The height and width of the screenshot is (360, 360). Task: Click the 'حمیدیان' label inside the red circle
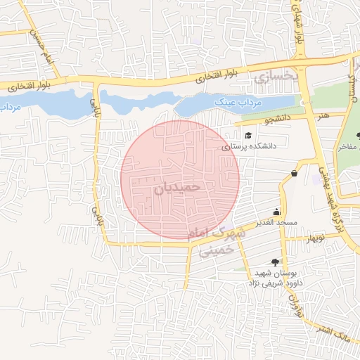(178, 188)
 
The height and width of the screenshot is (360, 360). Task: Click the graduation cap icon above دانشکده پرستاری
(247, 136)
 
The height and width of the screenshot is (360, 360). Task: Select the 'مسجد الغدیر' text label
(278, 223)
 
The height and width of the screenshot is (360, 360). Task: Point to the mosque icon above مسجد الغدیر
(276, 212)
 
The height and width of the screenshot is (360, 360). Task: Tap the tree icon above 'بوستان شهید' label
(264, 262)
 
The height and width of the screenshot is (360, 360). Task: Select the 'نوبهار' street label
(313, 237)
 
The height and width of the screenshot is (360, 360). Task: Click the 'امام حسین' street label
(39, 50)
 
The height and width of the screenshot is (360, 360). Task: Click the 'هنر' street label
(323, 114)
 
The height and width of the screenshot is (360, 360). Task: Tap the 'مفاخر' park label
(347, 147)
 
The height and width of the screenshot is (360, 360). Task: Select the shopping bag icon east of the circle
(293, 173)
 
